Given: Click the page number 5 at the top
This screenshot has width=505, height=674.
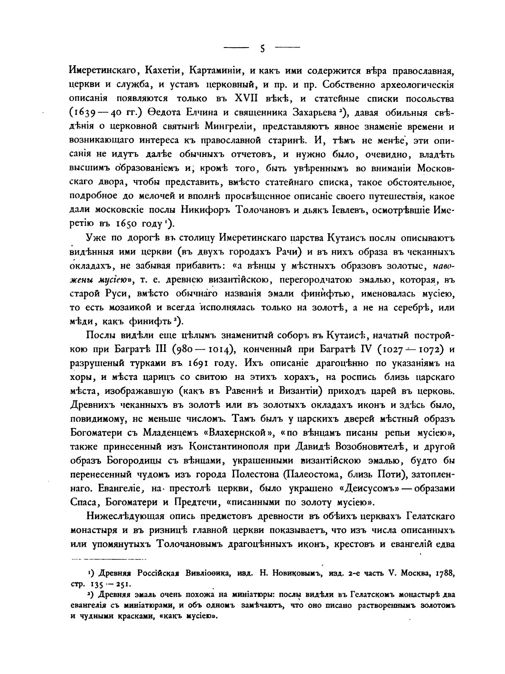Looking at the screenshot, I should point(262,48).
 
